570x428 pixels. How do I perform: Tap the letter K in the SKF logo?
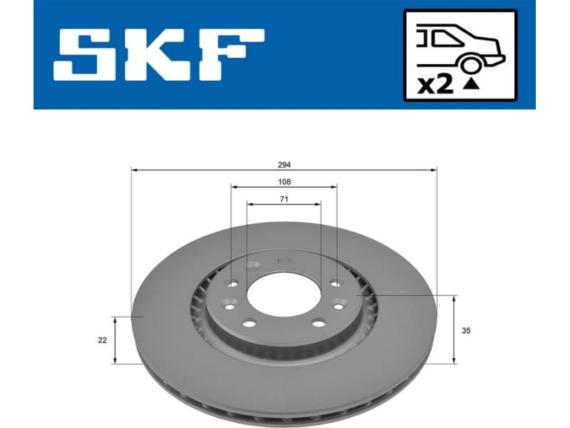(x=160, y=54)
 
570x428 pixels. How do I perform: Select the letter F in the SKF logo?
(x=230, y=54)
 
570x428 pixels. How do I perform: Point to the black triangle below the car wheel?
(x=470, y=83)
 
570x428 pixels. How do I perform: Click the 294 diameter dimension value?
(x=284, y=163)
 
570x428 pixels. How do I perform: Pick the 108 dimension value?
(x=284, y=182)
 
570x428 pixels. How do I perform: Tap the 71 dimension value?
(x=284, y=198)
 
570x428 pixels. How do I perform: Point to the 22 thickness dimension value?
(x=103, y=340)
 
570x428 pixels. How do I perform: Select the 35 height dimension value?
(x=467, y=331)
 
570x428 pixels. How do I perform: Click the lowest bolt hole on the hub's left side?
(x=249, y=324)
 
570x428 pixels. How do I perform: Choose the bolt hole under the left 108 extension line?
(x=232, y=283)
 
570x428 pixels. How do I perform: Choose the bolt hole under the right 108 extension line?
(x=335, y=282)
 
